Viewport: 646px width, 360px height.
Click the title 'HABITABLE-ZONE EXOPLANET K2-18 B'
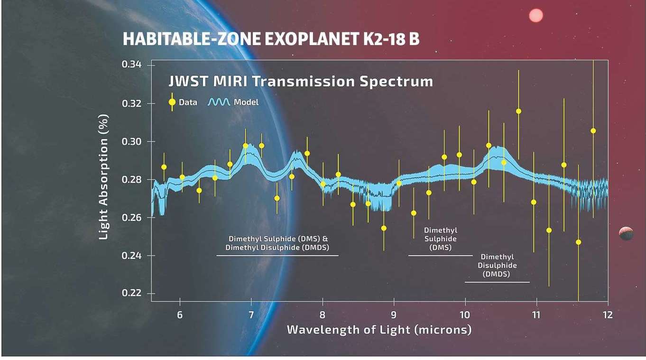pyautogui.click(x=271, y=39)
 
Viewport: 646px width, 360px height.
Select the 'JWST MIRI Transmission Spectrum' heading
pyautogui.click(x=301, y=81)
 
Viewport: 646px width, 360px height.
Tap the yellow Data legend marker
pyautogui.click(x=172, y=102)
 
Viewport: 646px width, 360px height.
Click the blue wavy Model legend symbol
pyautogui.click(x=219, y=102)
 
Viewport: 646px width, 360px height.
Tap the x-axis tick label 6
pyautogui.click(x=180, y=315)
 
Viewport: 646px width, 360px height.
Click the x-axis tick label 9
pyautogui.click(x=394, y=315)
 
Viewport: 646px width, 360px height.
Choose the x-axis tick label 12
pyautogui.click(x=607, y=315)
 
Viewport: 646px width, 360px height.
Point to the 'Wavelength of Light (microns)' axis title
pyautogui.click(x=379, y=329)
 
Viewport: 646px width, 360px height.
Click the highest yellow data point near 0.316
pyautogui.click(x=518, y=111)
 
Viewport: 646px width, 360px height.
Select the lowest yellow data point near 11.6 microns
pyautogui.click(x=578, y=242)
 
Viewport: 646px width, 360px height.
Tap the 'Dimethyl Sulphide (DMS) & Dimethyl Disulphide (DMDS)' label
pyautogui.click(x=277, y=243)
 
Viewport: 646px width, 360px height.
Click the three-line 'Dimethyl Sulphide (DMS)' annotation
pyautogui.click(x=441, y=239)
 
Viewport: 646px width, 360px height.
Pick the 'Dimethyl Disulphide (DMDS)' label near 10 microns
pyautogui.click(x=497, y=265)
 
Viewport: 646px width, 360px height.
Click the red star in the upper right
pyautogui.click(x=535, y=16)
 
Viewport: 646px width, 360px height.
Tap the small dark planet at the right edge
pyautogui.click(x=626, y=233)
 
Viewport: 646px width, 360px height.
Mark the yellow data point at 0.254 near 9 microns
pyautogui.click(x=384, y=228)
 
